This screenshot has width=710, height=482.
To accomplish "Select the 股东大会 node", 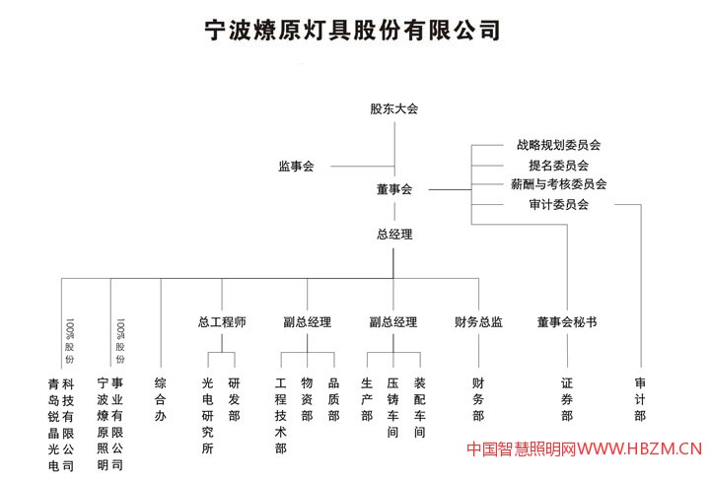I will [x=393, y=108].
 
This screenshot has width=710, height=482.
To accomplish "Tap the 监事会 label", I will [x=296, y=167].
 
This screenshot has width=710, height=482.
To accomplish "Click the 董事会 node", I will [x=393, y=188].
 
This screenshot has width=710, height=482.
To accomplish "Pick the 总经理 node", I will [x=393, y=235].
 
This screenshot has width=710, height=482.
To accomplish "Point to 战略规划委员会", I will [x=558, y=145].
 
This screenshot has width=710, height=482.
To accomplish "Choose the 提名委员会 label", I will [x=558, y=165].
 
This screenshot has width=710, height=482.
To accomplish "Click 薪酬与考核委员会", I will [x=558, y=184].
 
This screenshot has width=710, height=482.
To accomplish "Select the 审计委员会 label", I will [x=558, y=205].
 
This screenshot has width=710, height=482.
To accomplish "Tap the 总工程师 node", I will [x=222, y=322].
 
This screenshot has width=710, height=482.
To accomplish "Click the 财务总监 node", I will [x=478, y=322].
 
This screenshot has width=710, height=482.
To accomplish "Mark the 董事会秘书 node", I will [x=567, y=322].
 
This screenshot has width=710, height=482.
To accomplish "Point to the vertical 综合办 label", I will [x=159, y=398].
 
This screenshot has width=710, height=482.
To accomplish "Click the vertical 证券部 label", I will [x=567, y=399].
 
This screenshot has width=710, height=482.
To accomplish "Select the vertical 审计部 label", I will [x=640, y=399].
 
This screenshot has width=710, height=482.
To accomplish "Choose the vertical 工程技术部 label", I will [x=281, y=414].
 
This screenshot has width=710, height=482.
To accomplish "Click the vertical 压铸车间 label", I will [x=392, y=407].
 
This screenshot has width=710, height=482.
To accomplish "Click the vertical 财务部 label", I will [x=478, y=399].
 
